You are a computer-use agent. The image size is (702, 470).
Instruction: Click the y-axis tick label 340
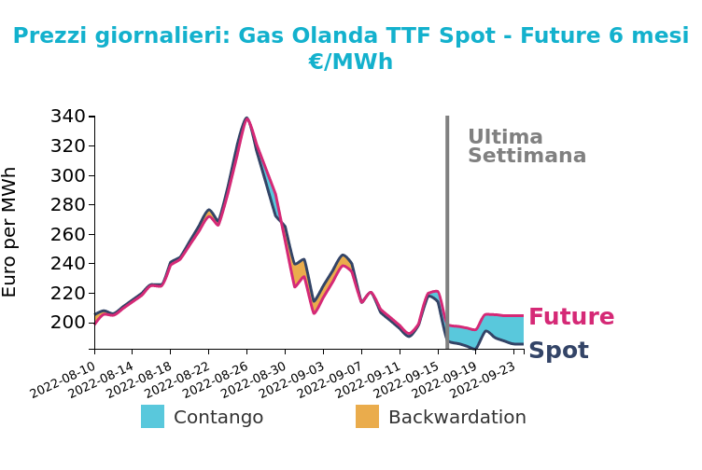[x=67, y=117]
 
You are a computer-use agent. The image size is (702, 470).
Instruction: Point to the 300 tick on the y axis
[x=67, y=175]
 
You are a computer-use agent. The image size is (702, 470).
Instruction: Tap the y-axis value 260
[x=67, y=234]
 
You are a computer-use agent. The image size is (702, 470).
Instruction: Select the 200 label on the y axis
[x=67, y=322]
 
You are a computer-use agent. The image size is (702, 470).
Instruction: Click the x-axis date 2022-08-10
[x=63, y=380]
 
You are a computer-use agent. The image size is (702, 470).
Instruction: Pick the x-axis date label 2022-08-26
[x=216, y=380]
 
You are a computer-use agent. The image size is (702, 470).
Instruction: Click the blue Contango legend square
[x=153, y=416]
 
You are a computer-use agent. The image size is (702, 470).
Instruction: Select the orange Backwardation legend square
[x=367, y=416]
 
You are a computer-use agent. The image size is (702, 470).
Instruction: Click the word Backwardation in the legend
[x=457, y=417]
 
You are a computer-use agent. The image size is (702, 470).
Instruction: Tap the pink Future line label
[x=571, y=317]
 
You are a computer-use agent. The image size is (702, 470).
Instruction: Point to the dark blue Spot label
[x=559, y=350]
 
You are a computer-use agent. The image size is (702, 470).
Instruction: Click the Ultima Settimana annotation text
[x=526, y=146]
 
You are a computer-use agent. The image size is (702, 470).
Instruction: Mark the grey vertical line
[x=447, y=232]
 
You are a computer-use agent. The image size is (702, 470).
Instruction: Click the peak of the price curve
[x=246, y=118]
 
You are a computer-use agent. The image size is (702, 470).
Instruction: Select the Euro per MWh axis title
[x=9, y=232]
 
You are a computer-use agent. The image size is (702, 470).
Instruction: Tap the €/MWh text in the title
[x=351, y=62]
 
